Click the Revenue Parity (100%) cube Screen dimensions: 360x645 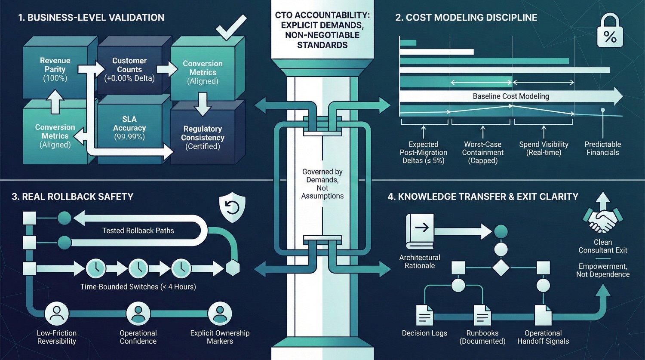pyautogui.click(x=55, y=69)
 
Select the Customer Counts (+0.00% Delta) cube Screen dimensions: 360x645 pyautogui.click(x=129, y=69)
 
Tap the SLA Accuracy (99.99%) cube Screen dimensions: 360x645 pyautogui.click(x=129, y=128)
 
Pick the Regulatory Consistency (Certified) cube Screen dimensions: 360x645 pyautogui.click(x=203, y=137)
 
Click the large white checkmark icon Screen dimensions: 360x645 pyautogui.click(x=231, y=28)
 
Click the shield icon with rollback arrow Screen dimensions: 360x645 pyautogui.click(x=232, y=207)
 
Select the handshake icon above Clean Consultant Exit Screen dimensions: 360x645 pyautogui.click(x=602, y=221)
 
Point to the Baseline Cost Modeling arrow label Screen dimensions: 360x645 pyautogui.click(x=511, y=96)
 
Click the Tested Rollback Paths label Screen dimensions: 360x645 pyautogui.click(x=138, y=231)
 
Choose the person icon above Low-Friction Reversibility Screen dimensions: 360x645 pyautogui.click(x=57, y=314)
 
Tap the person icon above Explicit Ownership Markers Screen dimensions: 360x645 pyautogui.click(x=220, y=314)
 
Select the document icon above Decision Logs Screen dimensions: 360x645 pyautogui.click(x=424, y=316)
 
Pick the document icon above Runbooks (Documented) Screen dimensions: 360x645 pyautogui.click(x=482, y=316)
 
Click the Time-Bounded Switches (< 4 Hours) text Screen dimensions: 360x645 pyautogui.click(x=138, y=286)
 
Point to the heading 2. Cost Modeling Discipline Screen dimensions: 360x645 pyautogui.click(x=466, y=18)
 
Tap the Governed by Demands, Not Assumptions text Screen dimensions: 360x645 pyautogui.click(x=322, y=184)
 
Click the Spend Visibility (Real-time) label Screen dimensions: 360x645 pyautogui.click(x=544, y=148)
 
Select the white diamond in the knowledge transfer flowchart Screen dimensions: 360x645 pyautogui.click(x=501, y=268)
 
